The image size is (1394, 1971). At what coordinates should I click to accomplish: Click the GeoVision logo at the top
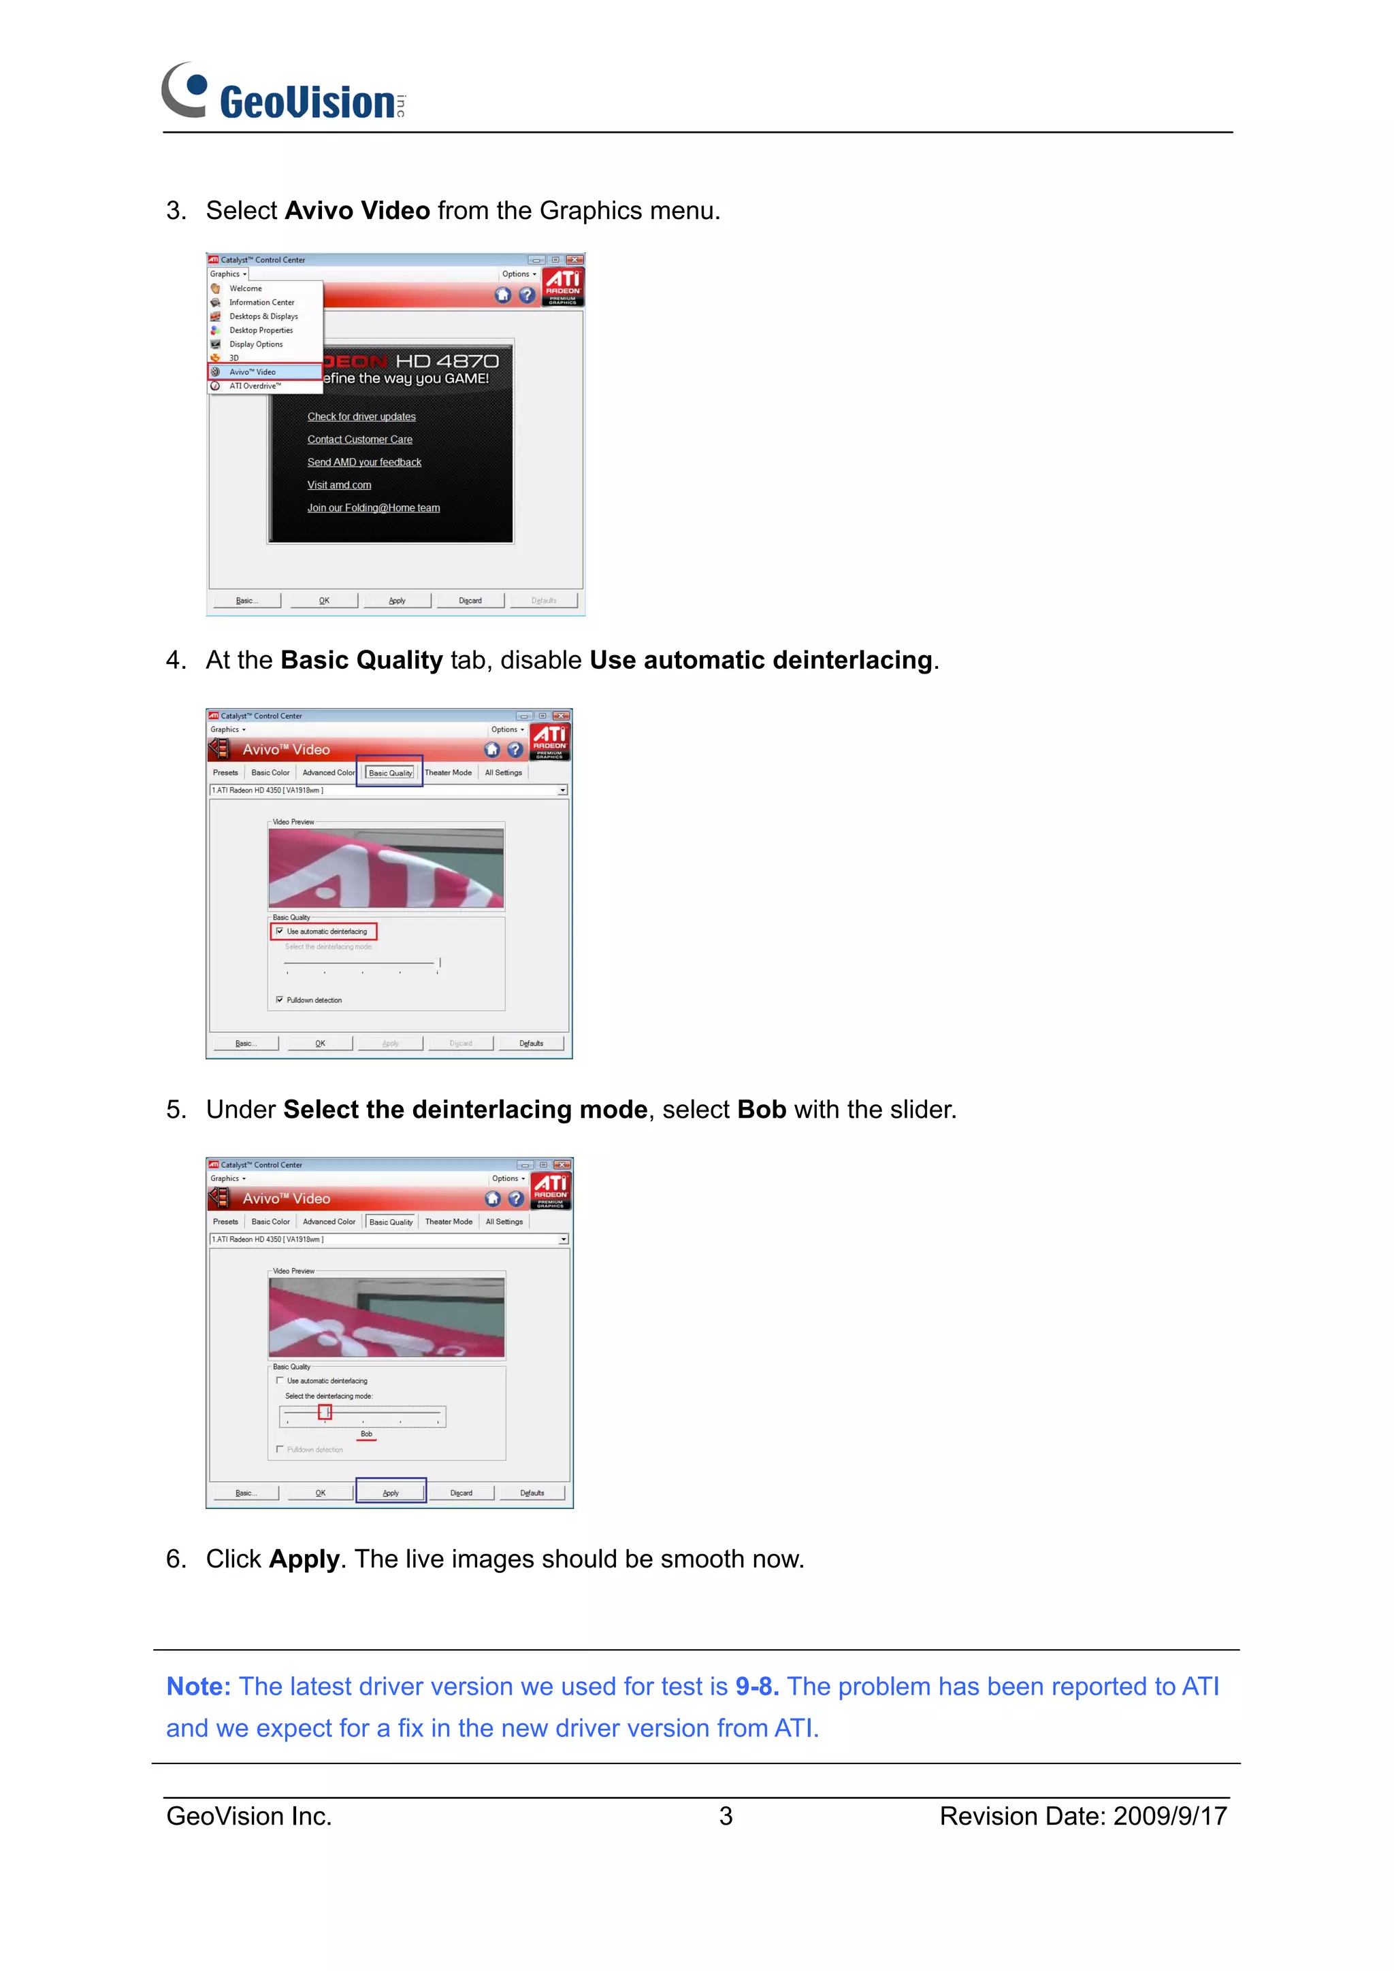tap(283, 93)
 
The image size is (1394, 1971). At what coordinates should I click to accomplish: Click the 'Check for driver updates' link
tap(361, 416)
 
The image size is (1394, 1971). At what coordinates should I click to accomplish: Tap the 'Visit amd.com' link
tap(339, 485)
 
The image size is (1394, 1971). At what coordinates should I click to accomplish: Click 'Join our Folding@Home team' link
tap(374, 508)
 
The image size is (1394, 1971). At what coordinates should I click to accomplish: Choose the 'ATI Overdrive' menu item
tap(255, 386)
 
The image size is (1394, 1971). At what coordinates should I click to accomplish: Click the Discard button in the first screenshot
tap(470, 600)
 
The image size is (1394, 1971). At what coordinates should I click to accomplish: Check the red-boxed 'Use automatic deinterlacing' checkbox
tap(280, 931)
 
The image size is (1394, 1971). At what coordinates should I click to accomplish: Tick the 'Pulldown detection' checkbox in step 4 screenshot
tap(280, 1000)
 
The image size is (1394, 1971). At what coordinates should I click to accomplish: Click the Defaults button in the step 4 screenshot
tap(531, 1044)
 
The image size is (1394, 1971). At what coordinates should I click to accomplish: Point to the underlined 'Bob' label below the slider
tap(367, 1434)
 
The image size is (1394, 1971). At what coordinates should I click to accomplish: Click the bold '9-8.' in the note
tap(757, 1687)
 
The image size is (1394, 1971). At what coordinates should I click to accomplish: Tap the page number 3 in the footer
tap(726, 1816)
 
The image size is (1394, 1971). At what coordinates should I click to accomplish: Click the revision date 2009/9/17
tap(1170, 1816)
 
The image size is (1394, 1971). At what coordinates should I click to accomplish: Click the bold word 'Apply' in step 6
tap(304, 1559)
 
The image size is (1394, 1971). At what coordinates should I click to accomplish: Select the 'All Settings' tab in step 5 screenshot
tap(504, 1221)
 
